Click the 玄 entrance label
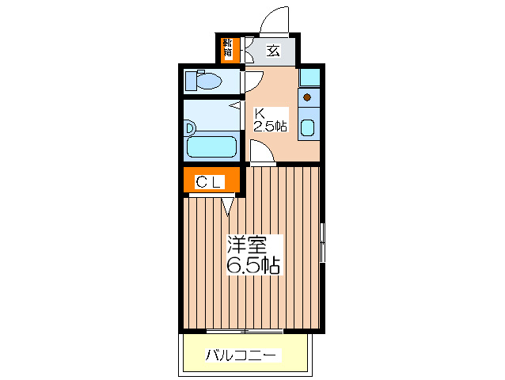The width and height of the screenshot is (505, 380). click(273, 51)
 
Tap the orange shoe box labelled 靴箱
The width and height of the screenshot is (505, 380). click(228, 49)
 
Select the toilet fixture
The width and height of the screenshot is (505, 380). click(207, 81)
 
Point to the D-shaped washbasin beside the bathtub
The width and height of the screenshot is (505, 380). click(190, 127)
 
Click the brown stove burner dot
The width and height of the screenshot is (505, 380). click(307, 98)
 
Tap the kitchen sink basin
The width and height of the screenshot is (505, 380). click(309, 127)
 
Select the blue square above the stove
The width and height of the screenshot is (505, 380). click(309, 78)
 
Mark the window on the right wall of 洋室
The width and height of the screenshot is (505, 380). click(322, 242)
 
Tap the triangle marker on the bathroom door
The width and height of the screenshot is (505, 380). click(235, 104)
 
